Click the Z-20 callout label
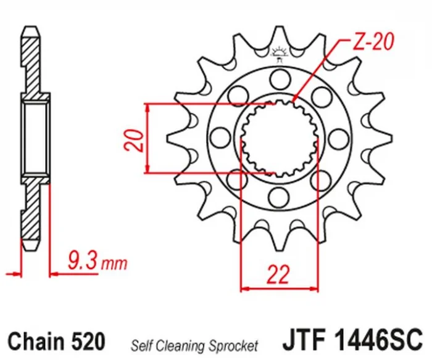pos(373,42)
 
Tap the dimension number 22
pos(278,274)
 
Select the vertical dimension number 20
pos(134,141)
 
